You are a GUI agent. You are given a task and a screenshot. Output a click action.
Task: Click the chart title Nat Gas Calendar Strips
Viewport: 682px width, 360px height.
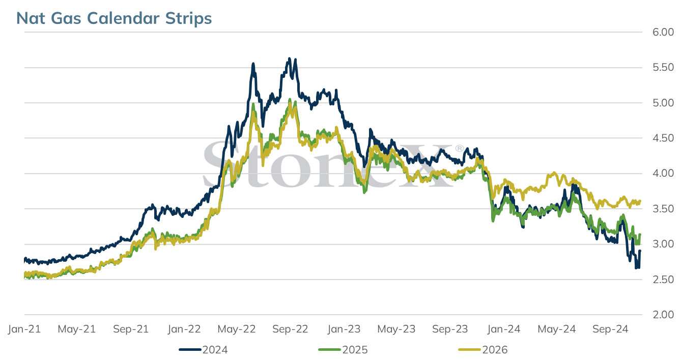coord(114,18)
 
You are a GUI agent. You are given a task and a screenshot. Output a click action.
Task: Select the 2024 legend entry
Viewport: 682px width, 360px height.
coord(203,350)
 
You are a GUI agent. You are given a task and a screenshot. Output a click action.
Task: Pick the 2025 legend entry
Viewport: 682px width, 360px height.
coord(343,350)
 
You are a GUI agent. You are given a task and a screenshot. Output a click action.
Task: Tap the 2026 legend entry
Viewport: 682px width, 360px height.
coord(483,350)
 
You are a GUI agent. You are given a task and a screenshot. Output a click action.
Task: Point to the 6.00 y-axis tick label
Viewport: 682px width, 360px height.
coord(663,32)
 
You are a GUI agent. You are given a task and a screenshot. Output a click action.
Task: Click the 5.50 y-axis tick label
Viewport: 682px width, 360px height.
coord(663,67)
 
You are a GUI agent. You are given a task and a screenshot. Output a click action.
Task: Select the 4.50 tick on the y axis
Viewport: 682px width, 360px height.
coord(663,138)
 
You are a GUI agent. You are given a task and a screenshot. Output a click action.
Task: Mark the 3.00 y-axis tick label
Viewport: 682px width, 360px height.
coord(663,244)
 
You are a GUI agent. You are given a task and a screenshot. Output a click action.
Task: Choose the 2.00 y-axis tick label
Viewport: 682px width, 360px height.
coord(663,315)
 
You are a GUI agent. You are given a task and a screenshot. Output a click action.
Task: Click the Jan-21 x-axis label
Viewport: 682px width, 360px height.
coord(24,329)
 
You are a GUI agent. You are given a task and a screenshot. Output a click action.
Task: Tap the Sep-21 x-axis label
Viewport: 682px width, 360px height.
coord(131,329)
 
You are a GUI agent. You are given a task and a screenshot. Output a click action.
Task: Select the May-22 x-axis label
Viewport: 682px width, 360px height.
coord(237,329)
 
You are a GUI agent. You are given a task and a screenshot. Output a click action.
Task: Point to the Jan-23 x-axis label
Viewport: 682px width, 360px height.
coord(344,329)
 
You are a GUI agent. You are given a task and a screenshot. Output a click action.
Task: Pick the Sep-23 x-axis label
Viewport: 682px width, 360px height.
coord(450,329)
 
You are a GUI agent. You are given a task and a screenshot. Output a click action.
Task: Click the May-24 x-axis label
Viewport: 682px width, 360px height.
coord(557,329)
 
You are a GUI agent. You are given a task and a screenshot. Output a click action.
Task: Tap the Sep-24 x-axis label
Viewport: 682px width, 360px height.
coord(610,329)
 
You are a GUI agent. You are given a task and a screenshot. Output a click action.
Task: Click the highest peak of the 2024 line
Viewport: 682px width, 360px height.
coord(290,59)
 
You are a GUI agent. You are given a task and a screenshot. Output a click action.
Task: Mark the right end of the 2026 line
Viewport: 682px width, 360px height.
coord(640,201)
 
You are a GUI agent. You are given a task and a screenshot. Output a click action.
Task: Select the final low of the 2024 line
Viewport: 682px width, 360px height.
coord(636,268)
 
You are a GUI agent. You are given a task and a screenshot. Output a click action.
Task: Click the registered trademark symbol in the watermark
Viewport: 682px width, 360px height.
coord(460,148)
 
